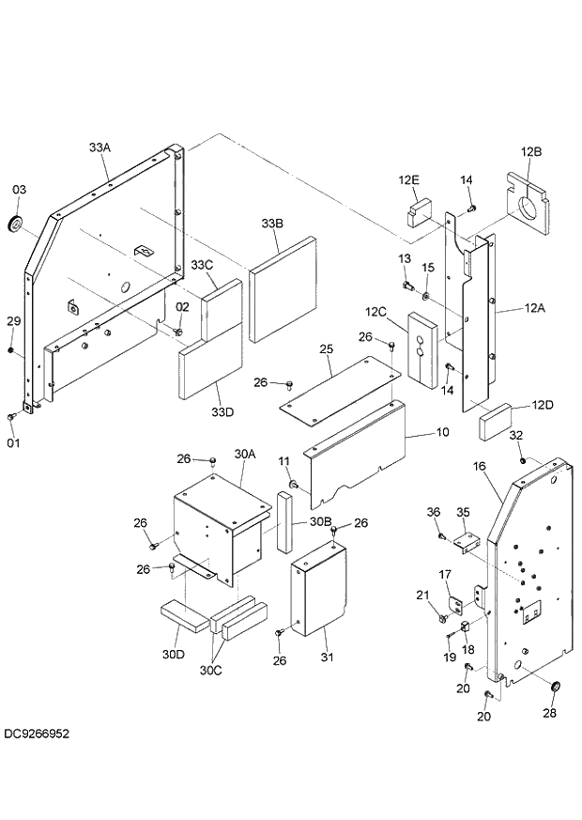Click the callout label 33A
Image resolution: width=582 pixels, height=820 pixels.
click(x=100, y=147)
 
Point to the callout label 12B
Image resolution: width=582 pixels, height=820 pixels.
click(x=530, y=151)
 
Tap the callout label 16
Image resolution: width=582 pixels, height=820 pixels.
click(x=479, y=466)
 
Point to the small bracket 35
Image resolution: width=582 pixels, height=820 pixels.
click(x=466, y=541)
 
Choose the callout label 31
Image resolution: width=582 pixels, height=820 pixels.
click(x=327, y=657)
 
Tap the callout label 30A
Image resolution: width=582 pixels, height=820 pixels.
click(x=244, y=454)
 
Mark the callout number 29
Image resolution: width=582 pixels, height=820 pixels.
click(x=12, y=321)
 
